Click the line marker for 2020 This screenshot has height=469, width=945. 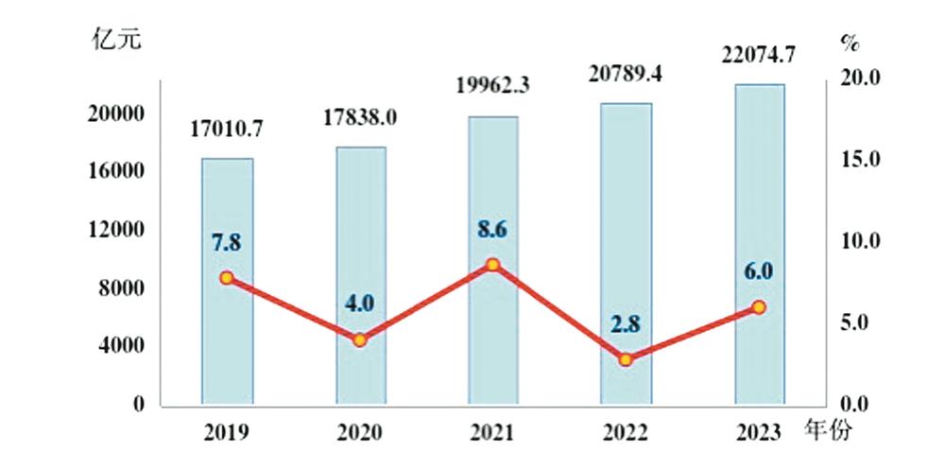[359, 339]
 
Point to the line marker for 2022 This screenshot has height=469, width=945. [626, 359]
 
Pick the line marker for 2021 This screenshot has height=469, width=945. [492, 265]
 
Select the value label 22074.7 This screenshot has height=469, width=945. [759, 56]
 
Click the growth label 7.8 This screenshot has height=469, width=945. [227, 244]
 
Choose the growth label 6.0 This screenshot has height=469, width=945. [759, 271]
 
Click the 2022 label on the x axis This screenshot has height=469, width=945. [626, 433]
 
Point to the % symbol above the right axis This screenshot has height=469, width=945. [848, 42]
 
